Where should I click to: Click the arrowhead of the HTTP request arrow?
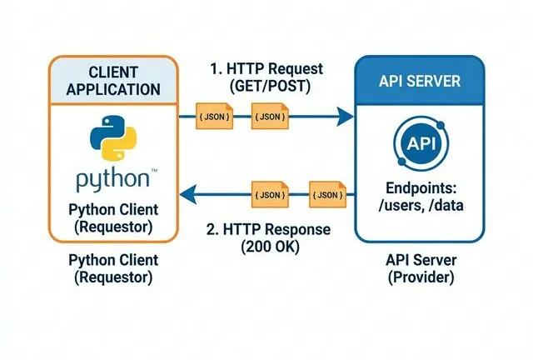coord(344,115)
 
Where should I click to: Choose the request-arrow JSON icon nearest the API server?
coord(269,115)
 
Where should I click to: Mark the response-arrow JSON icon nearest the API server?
coord(326,195)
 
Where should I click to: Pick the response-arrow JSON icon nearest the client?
coord(269,195)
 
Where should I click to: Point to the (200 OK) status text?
coord(268,247)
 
